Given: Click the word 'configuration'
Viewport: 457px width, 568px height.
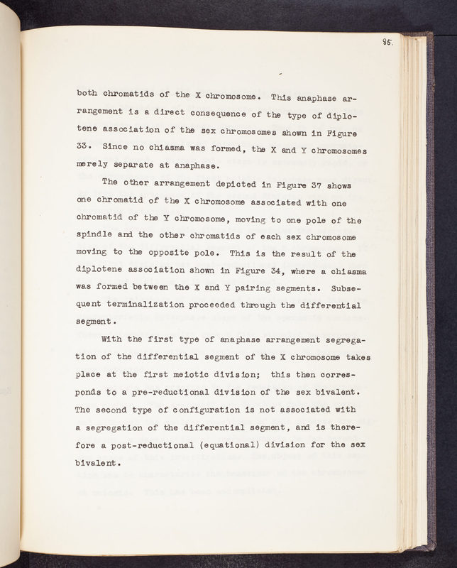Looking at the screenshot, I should (199, 408).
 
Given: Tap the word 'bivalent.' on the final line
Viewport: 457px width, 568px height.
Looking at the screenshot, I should (99, 461).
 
